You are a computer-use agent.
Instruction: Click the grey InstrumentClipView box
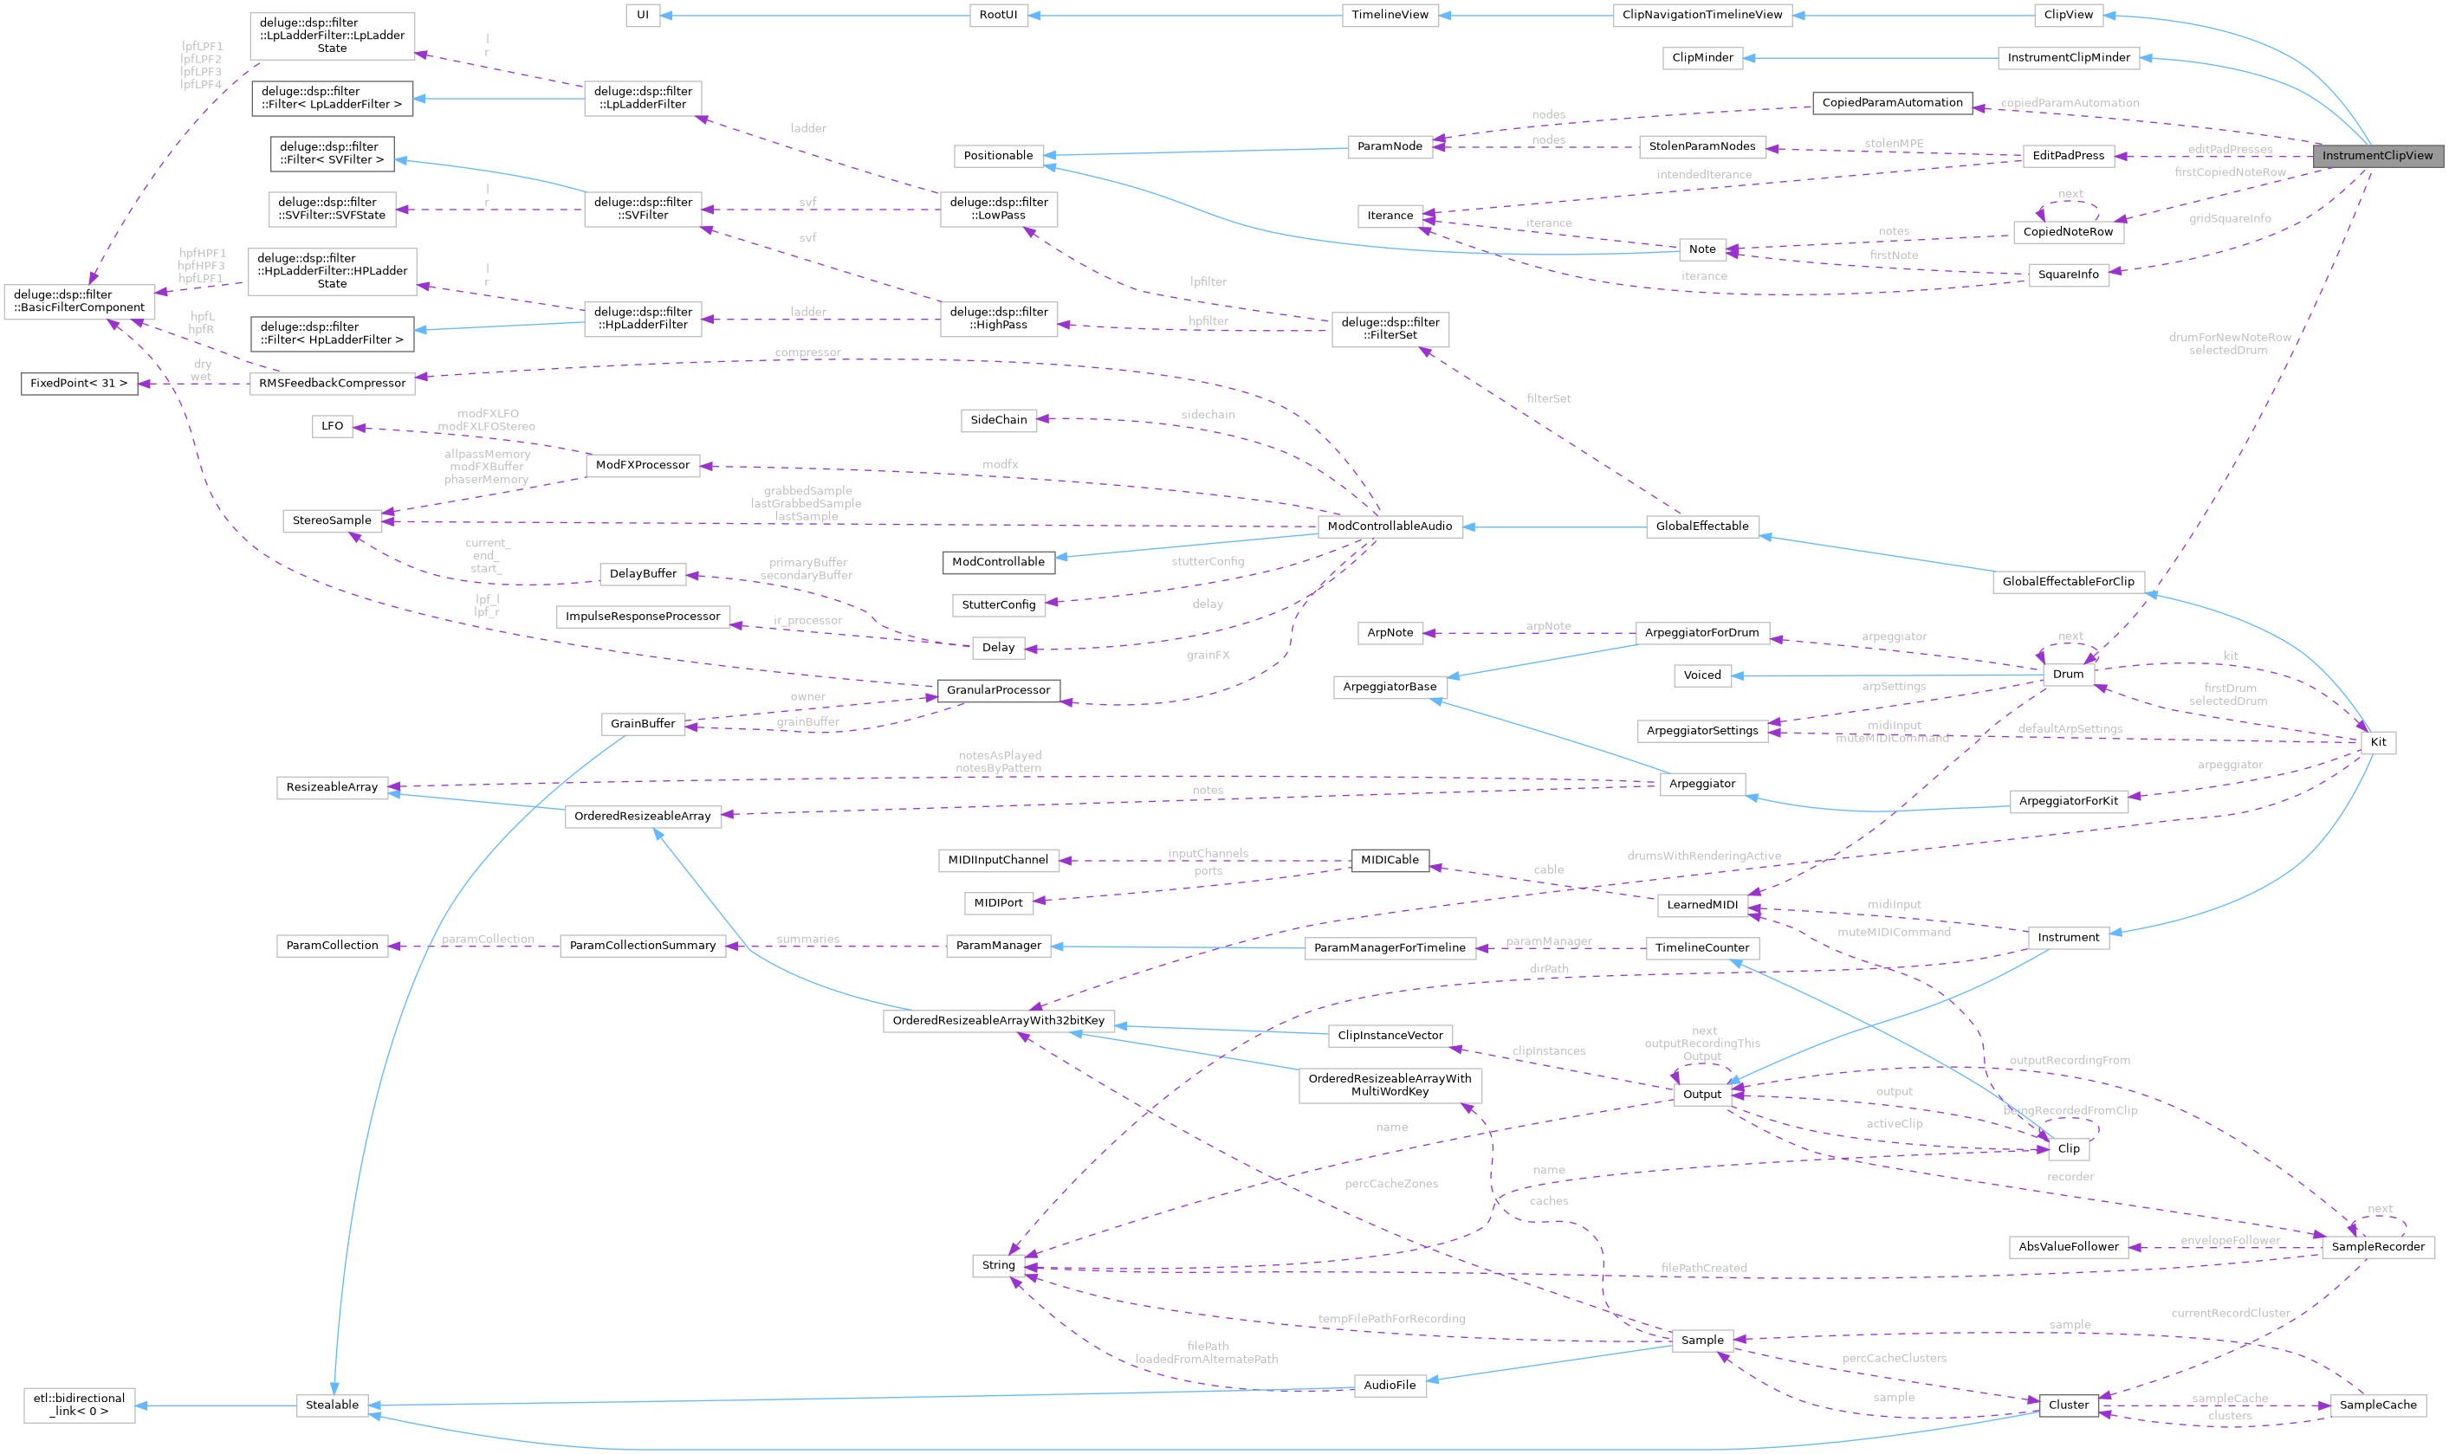click(x=2376, y=156)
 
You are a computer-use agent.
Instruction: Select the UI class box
click(x=643, y=15)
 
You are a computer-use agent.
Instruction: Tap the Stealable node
click(x=332, y=1405)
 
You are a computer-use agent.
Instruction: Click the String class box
click(x=999, y=1265)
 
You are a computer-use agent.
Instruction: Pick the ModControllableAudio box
click(x=1390, y=527)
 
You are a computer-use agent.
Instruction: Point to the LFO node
click(x=332, y=426)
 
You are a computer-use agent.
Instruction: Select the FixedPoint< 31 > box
click(x=79, y=383)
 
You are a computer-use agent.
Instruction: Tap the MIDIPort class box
click(x=999, y=903)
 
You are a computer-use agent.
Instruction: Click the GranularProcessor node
click(x=999, y=690)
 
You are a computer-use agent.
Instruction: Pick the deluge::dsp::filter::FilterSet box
click(x=1390, y=328)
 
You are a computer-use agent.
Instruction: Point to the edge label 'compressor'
click(x=807, y=352)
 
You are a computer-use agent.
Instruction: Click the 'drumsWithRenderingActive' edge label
click(x=1704, y=856)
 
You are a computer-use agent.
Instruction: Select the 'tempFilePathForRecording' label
click(x=1391, y=1319)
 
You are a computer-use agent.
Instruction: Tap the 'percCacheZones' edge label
click(x=1391, y=1184)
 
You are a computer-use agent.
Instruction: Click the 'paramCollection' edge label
click(x=488, y=939)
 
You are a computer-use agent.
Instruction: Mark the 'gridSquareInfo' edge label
click(x=2230, y=218)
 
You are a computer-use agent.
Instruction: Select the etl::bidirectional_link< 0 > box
click(x=79, y=1405)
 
